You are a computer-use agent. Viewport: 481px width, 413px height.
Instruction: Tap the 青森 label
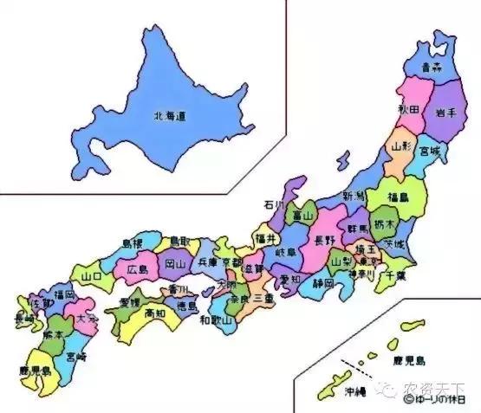point(432,66)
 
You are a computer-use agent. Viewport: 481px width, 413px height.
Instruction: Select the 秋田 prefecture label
point(409,110)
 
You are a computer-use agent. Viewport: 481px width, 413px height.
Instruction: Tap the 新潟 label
point(354,197)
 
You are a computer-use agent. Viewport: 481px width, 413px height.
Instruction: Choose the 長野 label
point(323,240)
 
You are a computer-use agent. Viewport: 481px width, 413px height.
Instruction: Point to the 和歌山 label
point(215,321)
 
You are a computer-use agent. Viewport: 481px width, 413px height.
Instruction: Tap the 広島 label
point(138,269)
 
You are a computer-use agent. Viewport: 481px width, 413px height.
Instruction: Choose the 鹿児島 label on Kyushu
point(35,371)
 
